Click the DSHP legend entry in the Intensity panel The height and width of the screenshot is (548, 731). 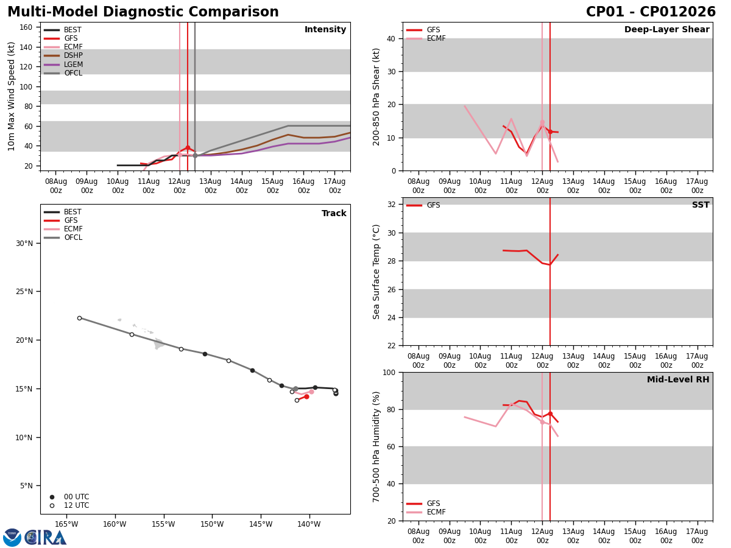click(63, 55)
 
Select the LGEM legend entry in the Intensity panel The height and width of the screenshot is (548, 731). click(63, 64)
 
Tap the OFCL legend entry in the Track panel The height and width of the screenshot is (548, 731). click(63, 237)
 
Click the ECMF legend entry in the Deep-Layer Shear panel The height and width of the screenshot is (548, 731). click(426, 38)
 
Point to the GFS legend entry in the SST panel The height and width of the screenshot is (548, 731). click(423, 205)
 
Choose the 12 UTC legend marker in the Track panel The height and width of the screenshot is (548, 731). click(52, 505)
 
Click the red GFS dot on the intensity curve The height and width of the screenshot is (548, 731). click(188, 148)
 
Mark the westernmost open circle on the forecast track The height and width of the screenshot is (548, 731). click(79, 318)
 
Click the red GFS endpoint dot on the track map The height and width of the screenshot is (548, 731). click(307, 396)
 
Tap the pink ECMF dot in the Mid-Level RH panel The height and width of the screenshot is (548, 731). click(542, 422)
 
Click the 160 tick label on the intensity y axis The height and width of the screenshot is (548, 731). click(26, 27)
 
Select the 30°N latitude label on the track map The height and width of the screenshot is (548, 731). click(24, 243)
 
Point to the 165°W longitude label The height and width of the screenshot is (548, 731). click(66, 524)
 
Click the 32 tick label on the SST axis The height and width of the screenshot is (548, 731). click(392, 205)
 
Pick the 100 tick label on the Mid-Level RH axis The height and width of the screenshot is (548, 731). click(389, 372)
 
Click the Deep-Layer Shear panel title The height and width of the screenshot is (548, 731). click(666, 29)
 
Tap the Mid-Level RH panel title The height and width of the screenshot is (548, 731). click(678, 379)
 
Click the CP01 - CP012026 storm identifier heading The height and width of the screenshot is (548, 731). click(651, 12)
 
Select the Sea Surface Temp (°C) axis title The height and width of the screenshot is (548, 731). click(376, 272)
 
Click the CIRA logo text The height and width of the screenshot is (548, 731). click(45, 538)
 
